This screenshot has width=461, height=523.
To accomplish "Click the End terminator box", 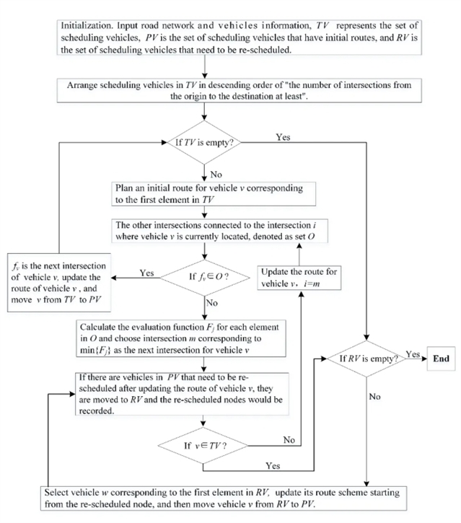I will pyautogui.click(x=440, y=358).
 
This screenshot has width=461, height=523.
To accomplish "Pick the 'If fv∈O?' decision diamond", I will pyautogui.click(x=206, y=275).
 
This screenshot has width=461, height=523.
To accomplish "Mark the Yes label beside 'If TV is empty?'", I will pyautogui.click(x=283, y=137).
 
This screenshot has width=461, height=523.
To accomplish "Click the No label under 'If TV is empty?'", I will pyautogui.click(x=216, y=172).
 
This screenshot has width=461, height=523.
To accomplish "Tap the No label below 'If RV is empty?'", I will pyautogui.click(x=375, y=396).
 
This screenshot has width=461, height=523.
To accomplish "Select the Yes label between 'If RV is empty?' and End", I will pyautogui.click(x=413, y=353).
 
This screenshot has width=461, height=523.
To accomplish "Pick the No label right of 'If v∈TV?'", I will pyautogui.click(x=289, y=439).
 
